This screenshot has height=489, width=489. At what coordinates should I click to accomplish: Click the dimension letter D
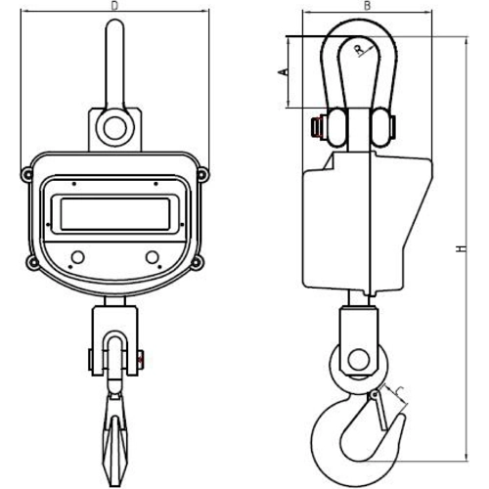(x=114, y=6)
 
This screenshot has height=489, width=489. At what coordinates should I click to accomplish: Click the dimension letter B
(x=367, y=6)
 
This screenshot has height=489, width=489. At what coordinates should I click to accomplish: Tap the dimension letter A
(x=284, y=71)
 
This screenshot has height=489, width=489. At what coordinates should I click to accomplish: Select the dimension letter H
(x=462, y=248)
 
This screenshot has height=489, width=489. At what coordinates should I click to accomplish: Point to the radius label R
(x=359, y=50)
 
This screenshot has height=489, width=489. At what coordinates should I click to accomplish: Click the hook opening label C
(x=400, y=391)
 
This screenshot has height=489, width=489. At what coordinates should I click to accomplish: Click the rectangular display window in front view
(x=115, y=213)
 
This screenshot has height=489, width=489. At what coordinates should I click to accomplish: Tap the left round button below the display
(x=77, y=257)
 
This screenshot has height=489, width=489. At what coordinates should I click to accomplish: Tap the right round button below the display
(x=153, y=257)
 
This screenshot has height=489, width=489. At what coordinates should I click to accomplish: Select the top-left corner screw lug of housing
(x=27, y=174)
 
